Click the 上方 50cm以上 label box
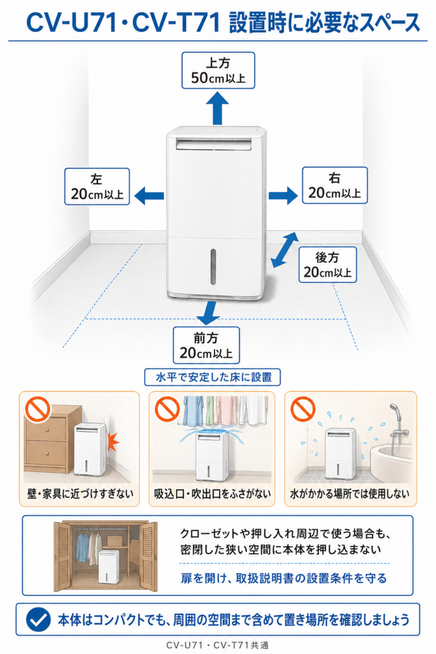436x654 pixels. pyautogui.click(x=218, y=70)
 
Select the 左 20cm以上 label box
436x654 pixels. pyautogui.click(x=97, y=186)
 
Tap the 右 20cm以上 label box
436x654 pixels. pyautogui.click(x=335, y=185)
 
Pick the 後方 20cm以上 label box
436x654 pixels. pyautogui.click(x=327, y=264)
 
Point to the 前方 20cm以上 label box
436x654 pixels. pyautogui.click(x=206, y=346)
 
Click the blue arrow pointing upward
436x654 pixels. pyautogui.click(x=218, y=107)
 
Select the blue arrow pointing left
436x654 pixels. pyautogui.click(x=149, y=195)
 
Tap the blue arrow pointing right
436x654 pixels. pyautogui.click(x=283, y=195)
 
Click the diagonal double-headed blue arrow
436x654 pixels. pyautogui.click(x=285, y=250)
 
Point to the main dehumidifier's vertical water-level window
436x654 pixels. pyautogui.click(x=213, y=267)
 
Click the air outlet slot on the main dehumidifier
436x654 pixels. pyautogui.click(x=214, y=144)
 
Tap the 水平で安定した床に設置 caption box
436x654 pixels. pyautogui.click(x=213, y=377)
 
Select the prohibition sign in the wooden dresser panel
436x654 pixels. pyautogui.click(x=38, y=409)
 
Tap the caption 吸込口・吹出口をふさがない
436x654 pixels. pyautogui.click(x=213, y=494)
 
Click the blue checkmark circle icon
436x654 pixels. pyautogui.click(x=38, y=620)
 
